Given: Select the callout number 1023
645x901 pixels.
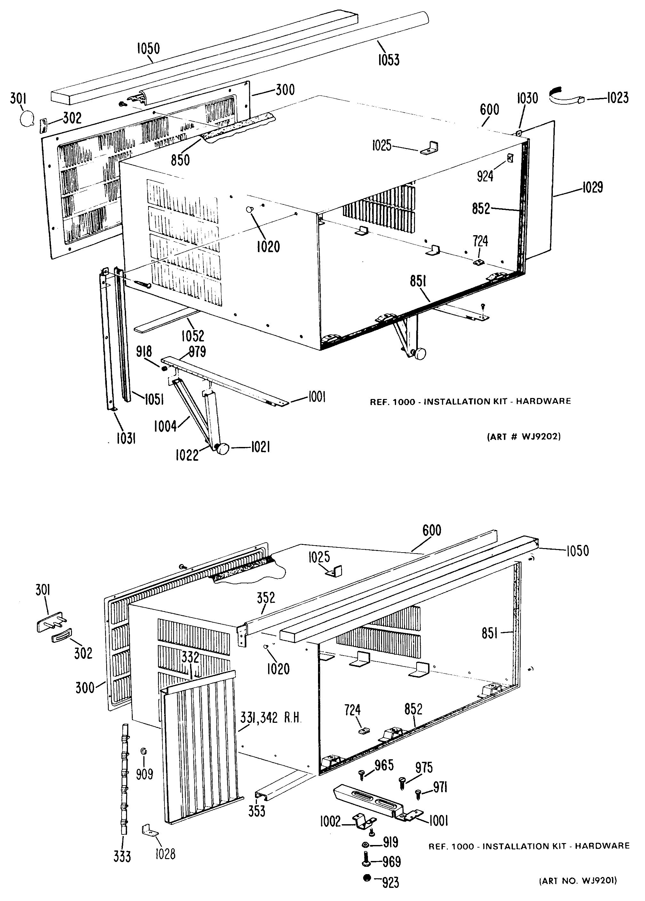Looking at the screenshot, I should pos(617,97).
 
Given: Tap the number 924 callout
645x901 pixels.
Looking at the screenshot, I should pos(485,176).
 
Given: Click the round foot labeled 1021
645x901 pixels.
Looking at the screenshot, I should pos(222,449).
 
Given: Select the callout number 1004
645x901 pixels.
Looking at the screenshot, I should pos(165,427).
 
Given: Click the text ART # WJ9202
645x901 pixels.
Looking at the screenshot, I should pos(524,437).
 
